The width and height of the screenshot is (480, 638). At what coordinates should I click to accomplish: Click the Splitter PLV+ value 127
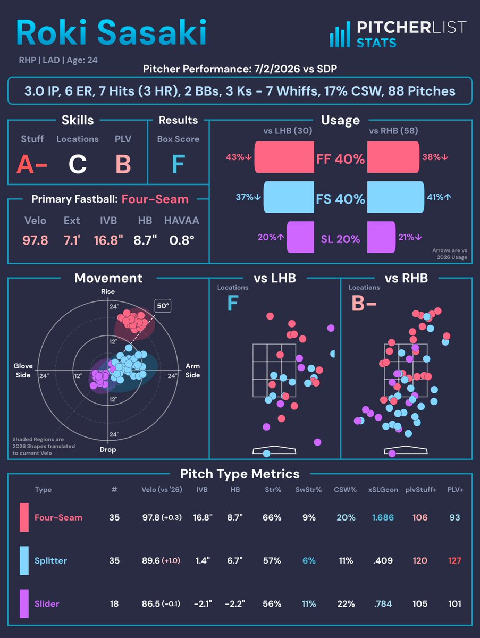tap(454, 560)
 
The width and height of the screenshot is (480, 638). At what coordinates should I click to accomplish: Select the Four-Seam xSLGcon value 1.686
tap(383, 517)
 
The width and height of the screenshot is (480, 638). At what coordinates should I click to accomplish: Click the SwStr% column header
tap(308, 490)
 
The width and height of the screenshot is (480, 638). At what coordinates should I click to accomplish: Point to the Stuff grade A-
tap(32, 164)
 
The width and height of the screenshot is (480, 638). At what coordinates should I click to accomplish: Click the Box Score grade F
tap(179, 164)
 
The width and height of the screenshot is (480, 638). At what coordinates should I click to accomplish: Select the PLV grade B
tap(123, 164)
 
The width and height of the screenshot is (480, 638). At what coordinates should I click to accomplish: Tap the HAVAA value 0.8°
tap(182, 240)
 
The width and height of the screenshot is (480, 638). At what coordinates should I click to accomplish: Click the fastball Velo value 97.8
tap(35, 240)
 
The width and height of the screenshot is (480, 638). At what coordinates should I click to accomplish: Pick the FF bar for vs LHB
tap(284, 157)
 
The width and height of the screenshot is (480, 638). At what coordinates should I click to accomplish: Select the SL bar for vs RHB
tap(381, 237)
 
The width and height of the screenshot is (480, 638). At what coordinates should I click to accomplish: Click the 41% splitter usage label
tap(439, 197)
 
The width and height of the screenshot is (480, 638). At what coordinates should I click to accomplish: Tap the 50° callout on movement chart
tap(163, 306)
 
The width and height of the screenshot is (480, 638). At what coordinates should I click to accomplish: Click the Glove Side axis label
tap(23, 370)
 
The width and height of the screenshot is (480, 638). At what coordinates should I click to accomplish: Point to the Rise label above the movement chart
tap(108, 291)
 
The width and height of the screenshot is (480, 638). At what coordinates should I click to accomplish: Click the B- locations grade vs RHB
tap(364, 303)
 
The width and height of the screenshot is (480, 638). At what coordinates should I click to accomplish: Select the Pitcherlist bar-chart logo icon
tap(340, 35)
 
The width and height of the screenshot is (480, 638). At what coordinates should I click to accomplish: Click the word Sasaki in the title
tap(151, 32)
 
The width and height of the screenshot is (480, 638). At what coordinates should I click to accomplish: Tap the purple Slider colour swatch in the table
tap(24, 603)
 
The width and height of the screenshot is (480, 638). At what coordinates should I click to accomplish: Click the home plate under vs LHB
tap(274, 450)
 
